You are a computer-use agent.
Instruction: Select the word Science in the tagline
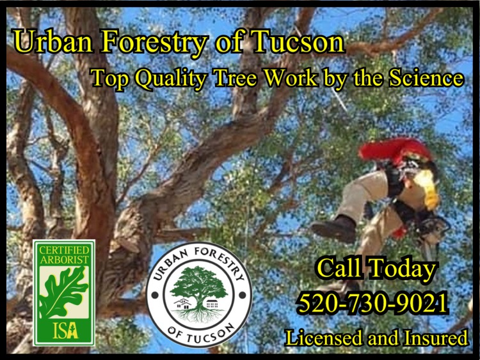(x=426, y=78)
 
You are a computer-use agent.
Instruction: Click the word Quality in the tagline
(x=171, y=79)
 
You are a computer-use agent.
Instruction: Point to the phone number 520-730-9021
(x=372, y=303)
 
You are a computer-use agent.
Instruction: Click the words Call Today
(x=376, y=268)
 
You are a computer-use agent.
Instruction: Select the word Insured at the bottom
(x=435, y=338)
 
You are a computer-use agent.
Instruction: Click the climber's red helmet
(x=395, y=150)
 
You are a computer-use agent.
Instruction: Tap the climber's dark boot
(x=333, y=229)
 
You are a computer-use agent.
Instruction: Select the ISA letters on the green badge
(x=65, y=330)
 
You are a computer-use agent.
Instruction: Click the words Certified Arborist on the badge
(x=64, y=254)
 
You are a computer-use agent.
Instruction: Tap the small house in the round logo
(x=182, y=303)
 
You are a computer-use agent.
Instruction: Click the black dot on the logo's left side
(x=155, y=295)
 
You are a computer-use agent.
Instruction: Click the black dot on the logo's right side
(x=242, y=295)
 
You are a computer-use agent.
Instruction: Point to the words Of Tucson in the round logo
(x=201, y=334)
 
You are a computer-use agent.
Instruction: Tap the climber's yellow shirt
(x=427, y=188)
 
